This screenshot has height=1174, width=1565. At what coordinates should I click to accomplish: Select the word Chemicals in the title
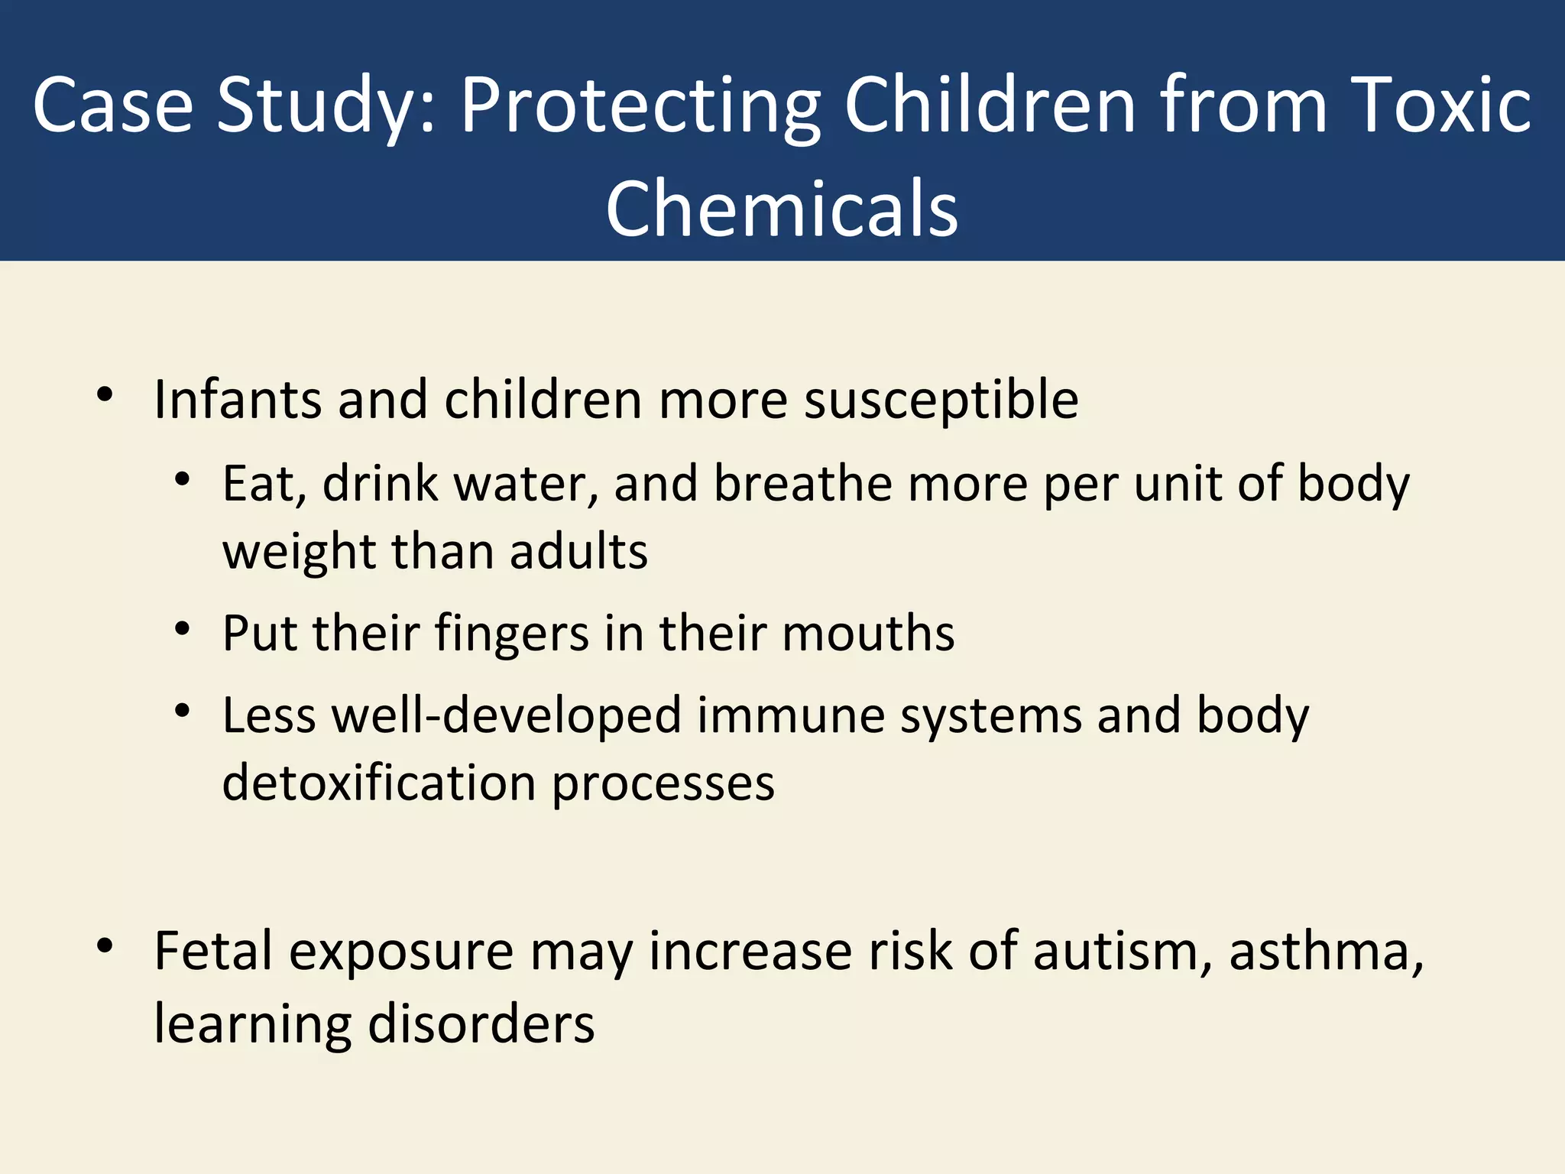[x=782, y=208]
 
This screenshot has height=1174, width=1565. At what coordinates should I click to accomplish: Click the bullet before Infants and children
[x=105, y=395]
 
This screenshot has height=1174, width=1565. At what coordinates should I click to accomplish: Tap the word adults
[x=578, y=551]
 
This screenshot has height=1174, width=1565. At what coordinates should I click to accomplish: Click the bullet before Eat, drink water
[x=182, y=481]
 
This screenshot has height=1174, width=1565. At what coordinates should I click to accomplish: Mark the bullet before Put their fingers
[x=182, y=630]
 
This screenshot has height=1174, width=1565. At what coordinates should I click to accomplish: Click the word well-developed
[x=506, y=716]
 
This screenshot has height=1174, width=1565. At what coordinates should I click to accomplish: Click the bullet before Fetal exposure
[x=105, y=947]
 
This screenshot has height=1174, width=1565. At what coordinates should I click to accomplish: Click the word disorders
[x=481, y=1023]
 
